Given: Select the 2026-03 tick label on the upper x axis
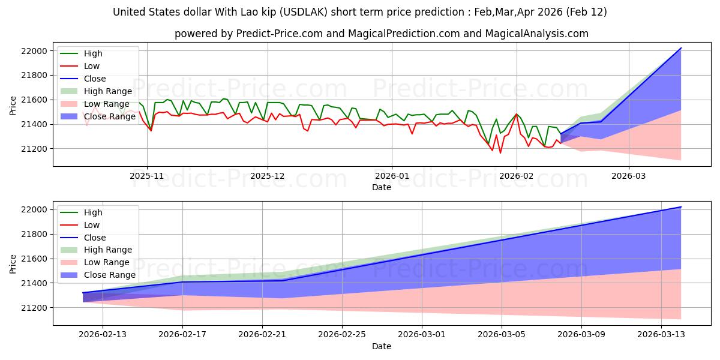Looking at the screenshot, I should click(629, 177).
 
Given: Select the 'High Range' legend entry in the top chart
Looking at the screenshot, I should click(107, 91).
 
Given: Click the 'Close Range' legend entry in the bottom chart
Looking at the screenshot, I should click(109, 275).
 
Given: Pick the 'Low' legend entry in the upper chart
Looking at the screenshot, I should click(92, 66).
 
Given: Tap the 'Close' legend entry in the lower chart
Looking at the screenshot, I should click(95, 237).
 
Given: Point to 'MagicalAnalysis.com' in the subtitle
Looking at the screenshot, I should click(538, 34).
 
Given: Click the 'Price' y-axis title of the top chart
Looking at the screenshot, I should click(13, 105).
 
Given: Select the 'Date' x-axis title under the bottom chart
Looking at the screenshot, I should click(382, 346).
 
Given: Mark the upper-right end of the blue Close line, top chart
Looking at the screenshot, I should click(681, 48).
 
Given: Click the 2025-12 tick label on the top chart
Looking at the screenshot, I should click(267, 177).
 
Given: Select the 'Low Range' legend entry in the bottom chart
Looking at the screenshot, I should click(107, 262).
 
